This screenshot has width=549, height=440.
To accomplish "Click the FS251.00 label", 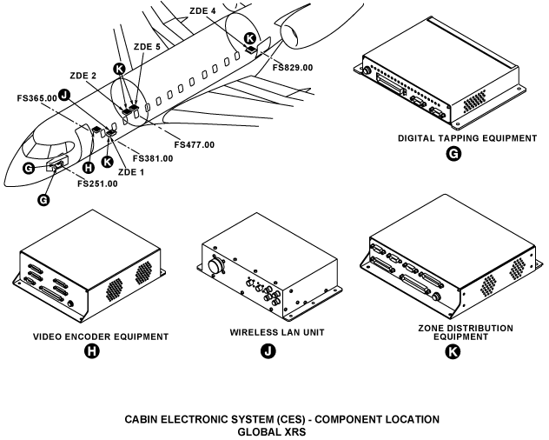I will (97, 183).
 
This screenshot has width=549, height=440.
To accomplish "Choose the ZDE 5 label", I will (147, 46).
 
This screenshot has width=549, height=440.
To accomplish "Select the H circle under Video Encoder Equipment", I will (89, 352).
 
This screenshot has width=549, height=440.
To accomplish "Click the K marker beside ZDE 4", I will (250, 38).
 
